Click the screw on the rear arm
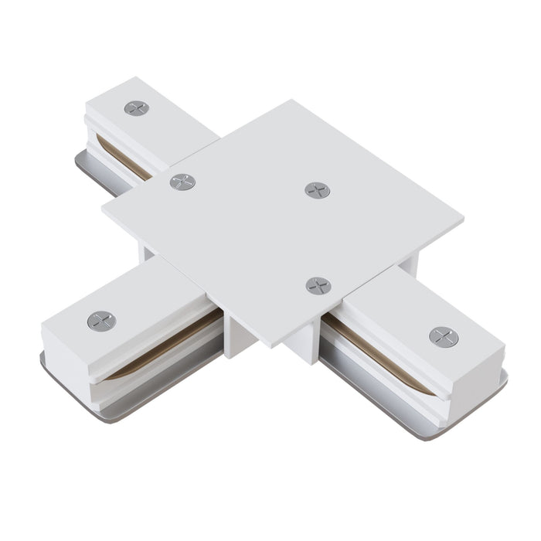click(136, 108)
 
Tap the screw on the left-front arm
click(101, 320)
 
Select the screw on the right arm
click(443, 336)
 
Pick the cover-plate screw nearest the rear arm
click(182, 182)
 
